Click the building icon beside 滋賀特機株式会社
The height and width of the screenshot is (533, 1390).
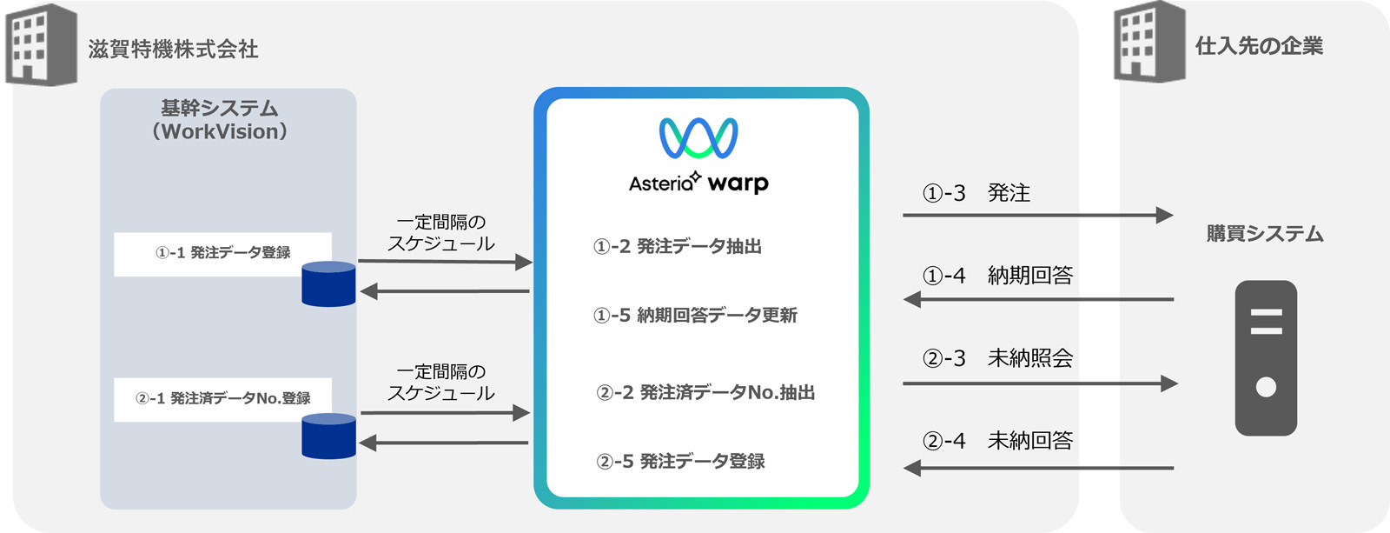tap(41, 44)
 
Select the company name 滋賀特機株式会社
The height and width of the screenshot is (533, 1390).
tap(173, 50)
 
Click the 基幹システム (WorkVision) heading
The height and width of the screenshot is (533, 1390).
tap(220, 120)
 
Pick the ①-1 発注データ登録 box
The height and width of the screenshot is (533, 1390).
tap(222, 253)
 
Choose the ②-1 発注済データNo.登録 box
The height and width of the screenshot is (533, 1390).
tap(222, 399)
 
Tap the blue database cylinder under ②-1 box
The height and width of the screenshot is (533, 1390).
tap(328, 436)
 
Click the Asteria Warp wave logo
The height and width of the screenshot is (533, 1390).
tap(698, 138)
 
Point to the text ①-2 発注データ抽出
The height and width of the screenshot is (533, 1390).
tap(678, 247)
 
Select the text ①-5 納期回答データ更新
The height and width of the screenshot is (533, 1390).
tap(695, 316)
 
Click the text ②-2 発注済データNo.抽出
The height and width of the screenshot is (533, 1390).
tap(705, 393)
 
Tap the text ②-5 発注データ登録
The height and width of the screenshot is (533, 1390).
tap(680, 462)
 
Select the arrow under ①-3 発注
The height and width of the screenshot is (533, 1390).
tap(1037, 215)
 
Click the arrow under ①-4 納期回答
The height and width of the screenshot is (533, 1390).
tap(1037, 300)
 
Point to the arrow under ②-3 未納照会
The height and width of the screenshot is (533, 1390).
tap(1039, 383)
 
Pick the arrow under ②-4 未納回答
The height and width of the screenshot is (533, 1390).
tap(1037, 469)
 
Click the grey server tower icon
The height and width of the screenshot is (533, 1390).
tap(1266, 357)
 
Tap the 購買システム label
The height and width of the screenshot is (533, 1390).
tap(1265, 234)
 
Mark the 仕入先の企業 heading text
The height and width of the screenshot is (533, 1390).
tap(1259, 46)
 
